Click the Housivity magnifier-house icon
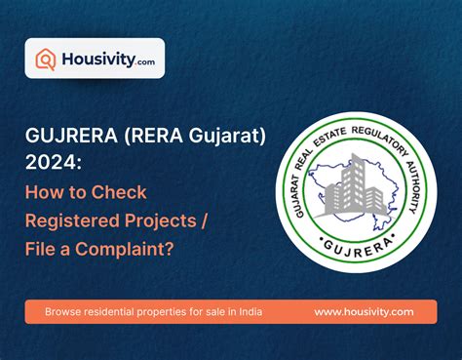(46, 59)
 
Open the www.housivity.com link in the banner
(364, 312)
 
